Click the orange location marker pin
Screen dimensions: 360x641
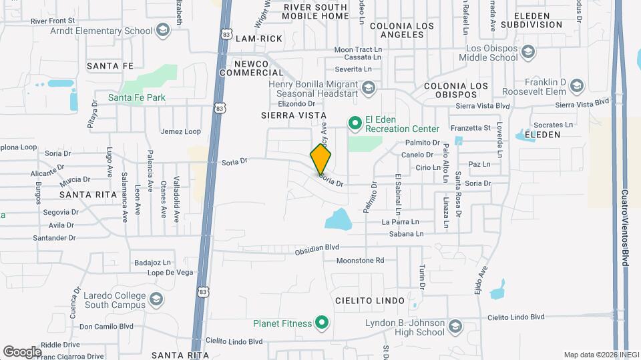321,159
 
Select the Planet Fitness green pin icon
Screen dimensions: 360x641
322,324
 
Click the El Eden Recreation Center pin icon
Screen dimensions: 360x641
355,123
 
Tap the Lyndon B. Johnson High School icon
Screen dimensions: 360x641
455,327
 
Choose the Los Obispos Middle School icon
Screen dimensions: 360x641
528,53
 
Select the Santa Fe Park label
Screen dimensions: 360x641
136,98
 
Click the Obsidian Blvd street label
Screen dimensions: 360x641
318,248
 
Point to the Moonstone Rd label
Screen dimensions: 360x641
361,260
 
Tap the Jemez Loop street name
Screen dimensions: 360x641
180,131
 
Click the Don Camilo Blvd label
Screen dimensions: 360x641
106,327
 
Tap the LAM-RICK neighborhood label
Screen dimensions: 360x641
259,39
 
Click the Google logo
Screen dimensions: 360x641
22,351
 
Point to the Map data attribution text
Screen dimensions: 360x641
600,355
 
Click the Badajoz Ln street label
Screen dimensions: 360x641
153,263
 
